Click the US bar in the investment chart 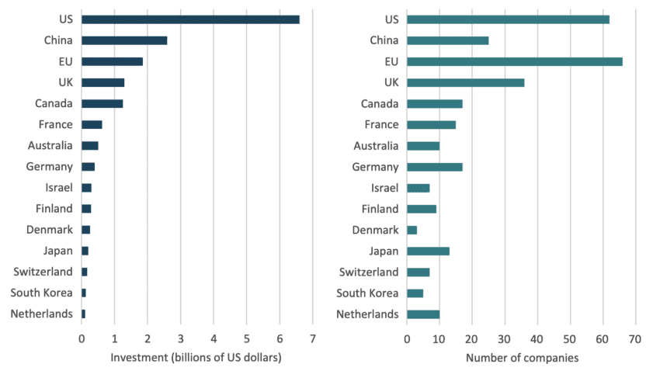tap(190, 19)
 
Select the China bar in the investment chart tap(124, 40)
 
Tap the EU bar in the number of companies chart tap(514, 61)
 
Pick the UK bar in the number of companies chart tap(465, 82)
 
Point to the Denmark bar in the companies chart tap(412, 230)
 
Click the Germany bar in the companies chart tap(434, 167)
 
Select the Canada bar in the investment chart tap(102, 103)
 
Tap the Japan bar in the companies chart tap(428, 251)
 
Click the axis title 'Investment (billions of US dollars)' tap(196, 358)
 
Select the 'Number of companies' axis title tap(521, 358)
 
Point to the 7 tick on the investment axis tap(312, 338)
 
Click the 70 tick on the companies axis tap(635, 338)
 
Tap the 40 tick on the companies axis tap(537, 338)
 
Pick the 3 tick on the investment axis tap(180, 338)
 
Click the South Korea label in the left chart tap(42, 293)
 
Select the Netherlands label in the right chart tap(366, 314)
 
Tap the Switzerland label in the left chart tap(43, 272)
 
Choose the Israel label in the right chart tap(385, 188)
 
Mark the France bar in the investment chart tap(92, 124)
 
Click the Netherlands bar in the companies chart tap(423, 314)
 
